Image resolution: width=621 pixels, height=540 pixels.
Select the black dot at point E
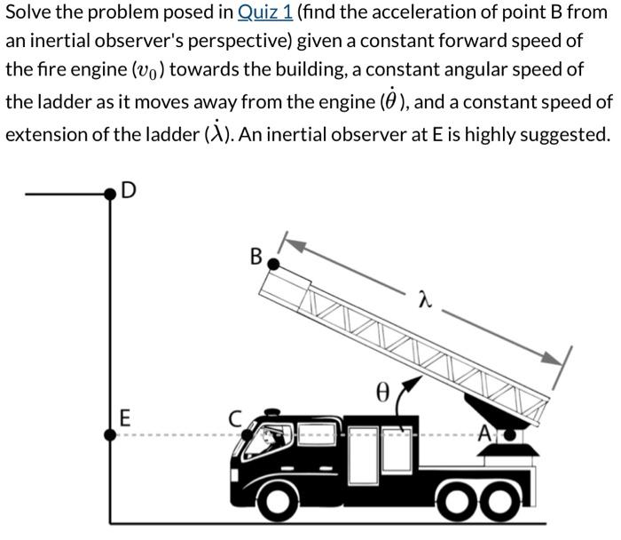(x=109, y=434)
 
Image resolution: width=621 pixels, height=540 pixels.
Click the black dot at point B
(x=274, y=264)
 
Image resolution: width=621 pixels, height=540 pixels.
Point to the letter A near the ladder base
(x=485, y=434)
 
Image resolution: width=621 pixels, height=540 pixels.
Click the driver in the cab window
(x=271, y=438)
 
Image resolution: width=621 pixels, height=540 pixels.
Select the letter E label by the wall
(x=126, y=417)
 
